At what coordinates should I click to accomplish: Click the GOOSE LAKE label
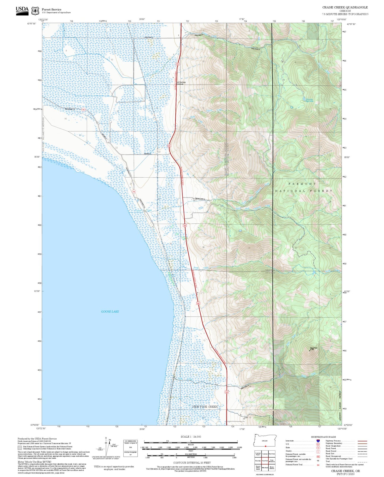coord(110,311)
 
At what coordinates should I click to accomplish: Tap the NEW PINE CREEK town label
coord(205,407)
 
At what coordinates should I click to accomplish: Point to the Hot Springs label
coord(181,82)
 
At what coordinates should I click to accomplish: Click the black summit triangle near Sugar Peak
coord(309,350)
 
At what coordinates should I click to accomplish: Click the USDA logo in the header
coord(22,11)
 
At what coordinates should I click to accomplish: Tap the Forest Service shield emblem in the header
coord(35,11)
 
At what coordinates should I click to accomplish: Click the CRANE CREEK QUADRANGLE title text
coord(345,7)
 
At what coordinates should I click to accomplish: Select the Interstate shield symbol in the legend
coord(318,441)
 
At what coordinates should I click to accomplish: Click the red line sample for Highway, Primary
coord(362,441)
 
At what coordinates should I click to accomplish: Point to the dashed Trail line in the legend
coord(362,462)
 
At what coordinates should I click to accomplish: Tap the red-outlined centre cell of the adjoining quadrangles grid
coord(265,461)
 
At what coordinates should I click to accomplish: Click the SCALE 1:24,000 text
coord(191,437)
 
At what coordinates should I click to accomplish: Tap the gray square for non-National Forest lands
coord(20,447)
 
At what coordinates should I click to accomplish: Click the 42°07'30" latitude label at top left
coord(31,24)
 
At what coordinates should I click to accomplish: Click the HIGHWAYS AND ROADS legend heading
coord(323,437)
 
